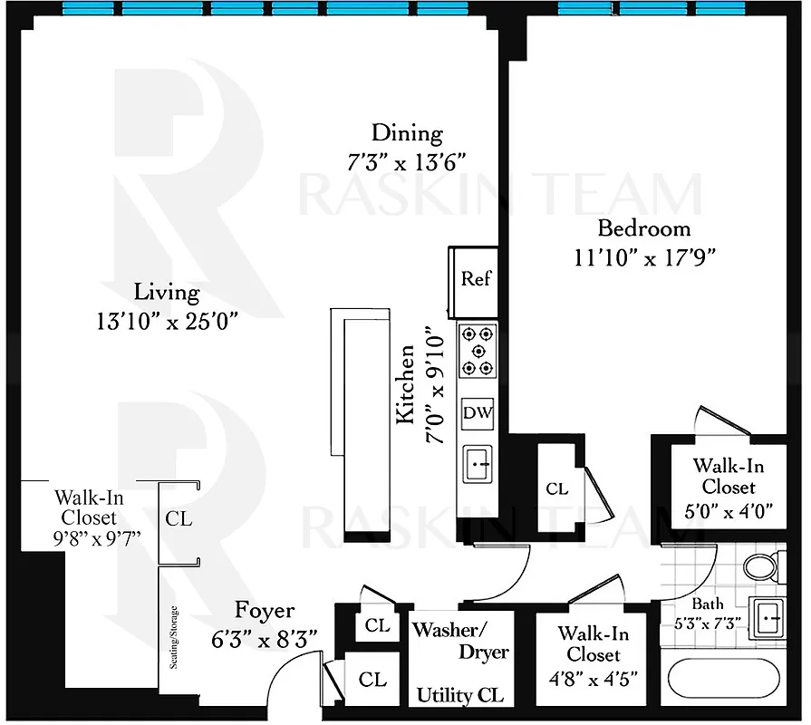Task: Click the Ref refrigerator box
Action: [x=476, y=278]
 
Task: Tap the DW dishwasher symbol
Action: [x=478, y=413]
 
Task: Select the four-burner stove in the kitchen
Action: [x=478, y=351]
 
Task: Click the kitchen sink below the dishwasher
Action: [x=478, y=466]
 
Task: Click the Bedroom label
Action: [x=643, y=227]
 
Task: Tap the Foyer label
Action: [x=265, y=610]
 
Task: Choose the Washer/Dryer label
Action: [x=461, y=640]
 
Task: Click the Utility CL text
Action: [x=460, y=695]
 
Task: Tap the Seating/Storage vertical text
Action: [x=173, y=636]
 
